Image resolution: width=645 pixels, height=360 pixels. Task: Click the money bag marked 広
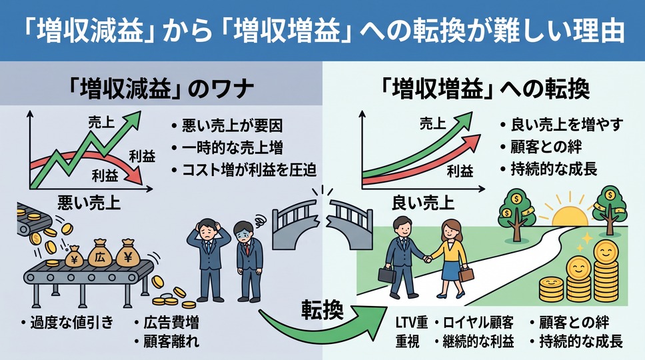(101, 254)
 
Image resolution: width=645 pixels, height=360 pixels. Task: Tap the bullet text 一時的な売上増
(233, 148)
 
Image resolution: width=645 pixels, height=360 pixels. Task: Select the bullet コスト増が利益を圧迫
(249, 170)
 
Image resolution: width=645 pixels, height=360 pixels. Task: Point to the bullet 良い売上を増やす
(567, 125)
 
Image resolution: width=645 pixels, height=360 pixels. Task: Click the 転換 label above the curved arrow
(322, 309)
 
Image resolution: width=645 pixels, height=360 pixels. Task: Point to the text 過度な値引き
(72, 322)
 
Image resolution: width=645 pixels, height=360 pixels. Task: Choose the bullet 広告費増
(171, 322)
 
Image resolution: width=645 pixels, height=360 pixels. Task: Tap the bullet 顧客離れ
(171, 341)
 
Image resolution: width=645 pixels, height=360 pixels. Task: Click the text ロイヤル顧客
(478, 323)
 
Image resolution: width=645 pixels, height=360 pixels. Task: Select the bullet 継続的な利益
(478, 341)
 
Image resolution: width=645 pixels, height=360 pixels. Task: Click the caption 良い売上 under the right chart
(423, 203)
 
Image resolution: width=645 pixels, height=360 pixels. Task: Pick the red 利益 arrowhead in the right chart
(472, 142)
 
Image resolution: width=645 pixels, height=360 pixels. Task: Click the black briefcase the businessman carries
(387, 275)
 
